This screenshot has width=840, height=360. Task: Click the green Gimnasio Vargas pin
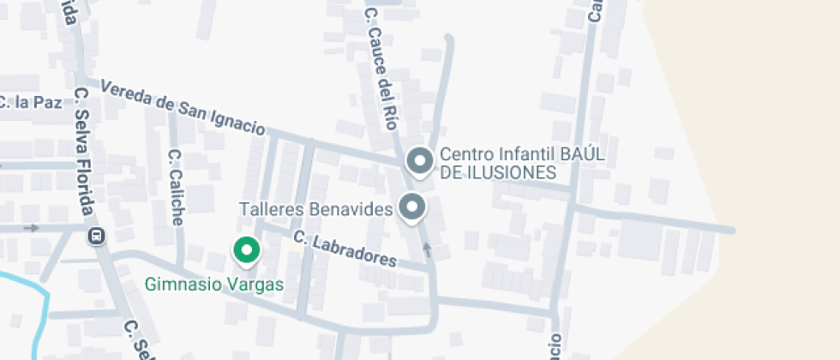point(247,250)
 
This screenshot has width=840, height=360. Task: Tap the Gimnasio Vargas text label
point(213,284)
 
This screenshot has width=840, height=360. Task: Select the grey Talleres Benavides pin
point(413,207)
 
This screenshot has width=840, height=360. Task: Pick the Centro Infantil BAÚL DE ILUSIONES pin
point(419,160)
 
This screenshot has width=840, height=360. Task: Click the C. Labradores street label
point(345,249)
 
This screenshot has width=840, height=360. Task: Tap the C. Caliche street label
point(176,187)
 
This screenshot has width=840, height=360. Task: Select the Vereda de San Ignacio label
point(183,108)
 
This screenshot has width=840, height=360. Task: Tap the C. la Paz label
point(31,103)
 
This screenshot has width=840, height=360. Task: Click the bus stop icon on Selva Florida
point(97,235)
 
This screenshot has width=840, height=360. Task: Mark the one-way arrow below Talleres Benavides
point(428,249)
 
